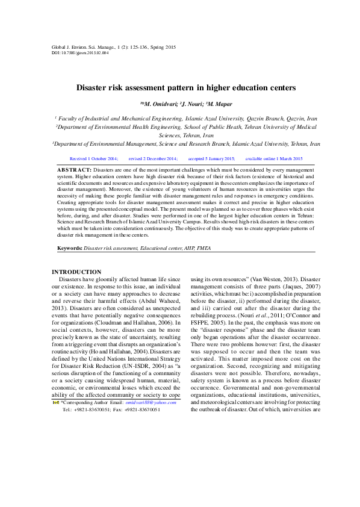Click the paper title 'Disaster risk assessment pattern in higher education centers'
pyautogui.click(x=185, y=88)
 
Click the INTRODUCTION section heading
pyautogui.click(x=76, y=272)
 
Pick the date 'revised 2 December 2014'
pyautogui.click(x=153, y=158)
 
